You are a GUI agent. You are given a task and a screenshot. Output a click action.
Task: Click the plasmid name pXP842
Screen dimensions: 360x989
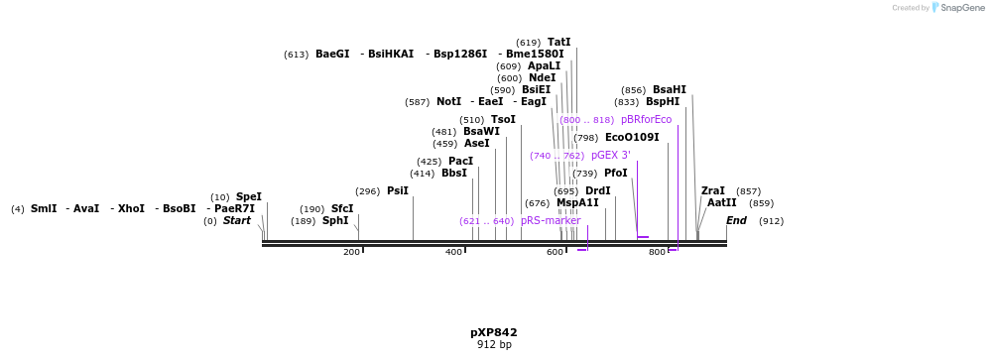pyautogui.click(x=493, y=333)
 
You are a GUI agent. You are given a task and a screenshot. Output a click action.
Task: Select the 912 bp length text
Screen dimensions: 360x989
pyautogui.click(x=493, y=345)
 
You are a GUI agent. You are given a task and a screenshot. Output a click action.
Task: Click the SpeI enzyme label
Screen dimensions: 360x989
pyautogui.click(x=248, y=197)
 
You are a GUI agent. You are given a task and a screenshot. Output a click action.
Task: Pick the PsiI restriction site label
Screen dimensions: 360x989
pyautogui.click(x=397, y=191)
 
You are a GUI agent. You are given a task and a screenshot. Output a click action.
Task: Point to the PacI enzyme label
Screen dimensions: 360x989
pyautogui.click(x=460, y=162)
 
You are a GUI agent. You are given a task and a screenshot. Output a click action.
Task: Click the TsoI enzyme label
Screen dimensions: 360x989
pyautogui.click(x=503, y=120)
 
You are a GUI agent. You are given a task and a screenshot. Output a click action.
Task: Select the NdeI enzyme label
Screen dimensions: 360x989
pyautogui.click(x=542, y=78)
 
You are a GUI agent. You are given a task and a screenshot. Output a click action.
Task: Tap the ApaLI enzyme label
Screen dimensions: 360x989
pyautogui.click(x=544, y=66)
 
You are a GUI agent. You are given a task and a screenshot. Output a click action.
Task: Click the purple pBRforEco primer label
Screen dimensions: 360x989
pyautogui.click(x=646, y=120)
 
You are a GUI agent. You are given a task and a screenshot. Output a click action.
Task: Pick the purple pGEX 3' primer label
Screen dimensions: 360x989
pyautogui.click(x=610, y=156)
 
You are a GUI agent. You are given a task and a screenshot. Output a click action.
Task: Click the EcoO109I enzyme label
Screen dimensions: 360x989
pyautogui.click(x=632, y=138)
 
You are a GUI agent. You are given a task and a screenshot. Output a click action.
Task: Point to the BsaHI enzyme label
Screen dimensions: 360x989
pyautogui.click(x=669, y=90)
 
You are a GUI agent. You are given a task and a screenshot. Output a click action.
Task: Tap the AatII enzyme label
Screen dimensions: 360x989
pyautogui.click(x=721, y=203)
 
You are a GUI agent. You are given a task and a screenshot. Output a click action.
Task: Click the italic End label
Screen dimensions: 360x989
pyautogui.click(x=736, y=221)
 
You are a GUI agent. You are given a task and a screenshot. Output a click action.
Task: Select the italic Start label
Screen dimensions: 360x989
pyautogui.click(x=236, y=221)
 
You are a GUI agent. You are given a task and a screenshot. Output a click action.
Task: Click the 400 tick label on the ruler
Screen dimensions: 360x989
pyautogui.click(x=453, y=253)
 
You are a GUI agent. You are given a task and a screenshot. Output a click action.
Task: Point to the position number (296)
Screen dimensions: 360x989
pyautogui.click(x=367, y=191)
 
